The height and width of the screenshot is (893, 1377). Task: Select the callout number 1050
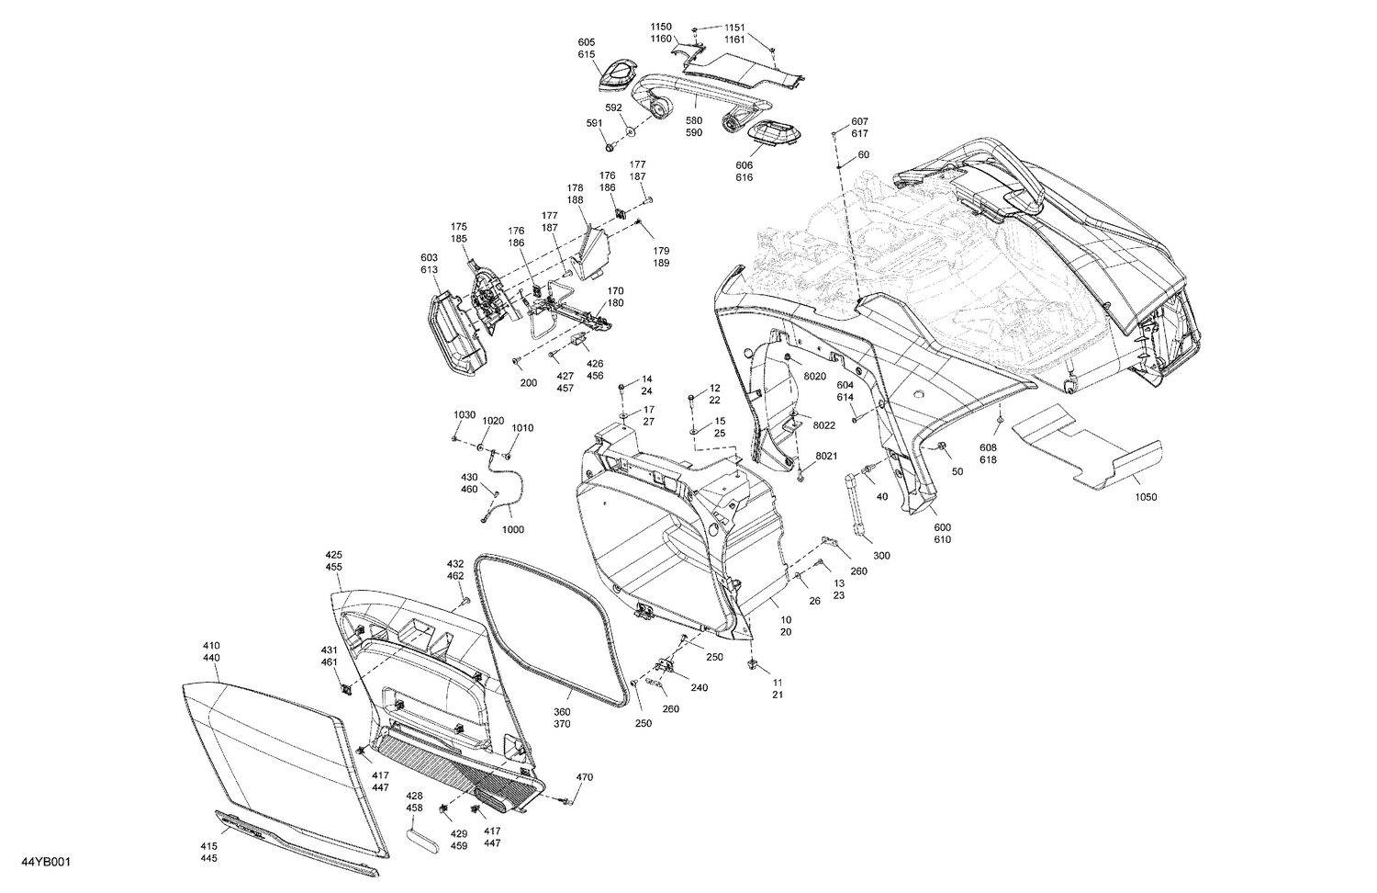(1146, 497)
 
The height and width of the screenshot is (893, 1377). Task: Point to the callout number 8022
(823, 425)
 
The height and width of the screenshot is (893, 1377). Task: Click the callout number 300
(881, 556)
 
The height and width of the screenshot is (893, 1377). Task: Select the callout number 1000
(512, 530)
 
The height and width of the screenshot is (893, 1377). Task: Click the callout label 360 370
(561, 718)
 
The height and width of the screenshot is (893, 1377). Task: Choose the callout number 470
(585, 777)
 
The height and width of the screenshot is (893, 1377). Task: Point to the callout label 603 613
(429, 264)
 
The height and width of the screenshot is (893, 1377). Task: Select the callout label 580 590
(694, 127)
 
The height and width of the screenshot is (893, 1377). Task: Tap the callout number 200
(528, 382)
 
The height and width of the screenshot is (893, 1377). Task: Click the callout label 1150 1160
(688, 32)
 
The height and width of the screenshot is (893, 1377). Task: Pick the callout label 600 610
(943, 533)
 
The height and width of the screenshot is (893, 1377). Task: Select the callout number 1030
(465, 415)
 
